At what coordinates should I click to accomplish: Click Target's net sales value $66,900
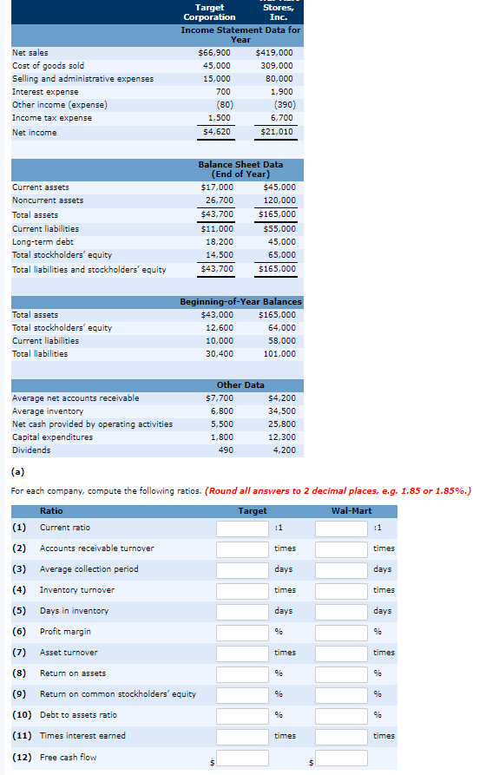(214, 52)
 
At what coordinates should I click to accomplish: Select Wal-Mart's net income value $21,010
(276, 132)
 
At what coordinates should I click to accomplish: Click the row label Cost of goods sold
(48, 65)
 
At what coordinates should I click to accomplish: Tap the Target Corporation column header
(209, 12)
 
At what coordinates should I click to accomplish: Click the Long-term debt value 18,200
(216, 242)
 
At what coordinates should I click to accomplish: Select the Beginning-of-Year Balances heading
(240, 301)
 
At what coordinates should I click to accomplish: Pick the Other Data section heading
(240, 384)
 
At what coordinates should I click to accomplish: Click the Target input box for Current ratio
(243, 529)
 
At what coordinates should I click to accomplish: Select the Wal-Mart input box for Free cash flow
(341, 758)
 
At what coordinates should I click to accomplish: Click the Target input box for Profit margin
(243, 633)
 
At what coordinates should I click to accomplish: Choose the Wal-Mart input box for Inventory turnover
(341, 591)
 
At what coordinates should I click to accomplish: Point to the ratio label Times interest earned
(82, 736)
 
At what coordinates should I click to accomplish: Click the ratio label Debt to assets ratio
(78, 715)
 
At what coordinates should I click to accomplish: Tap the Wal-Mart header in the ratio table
(351, 511)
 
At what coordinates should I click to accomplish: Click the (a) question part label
(16, 473)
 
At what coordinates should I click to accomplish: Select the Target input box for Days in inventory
(243, 612)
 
